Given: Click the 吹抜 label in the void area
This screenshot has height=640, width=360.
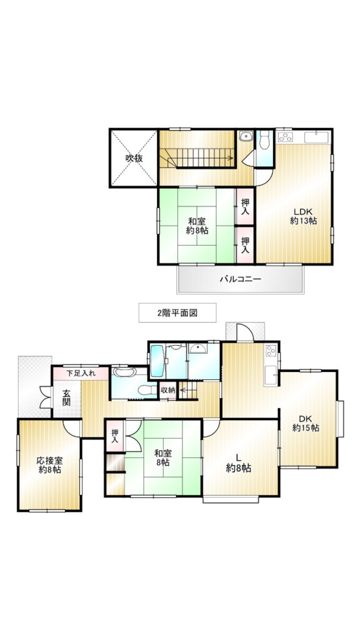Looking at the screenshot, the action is tap(134, 159).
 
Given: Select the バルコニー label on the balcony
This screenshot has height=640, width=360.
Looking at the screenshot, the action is tap(241, 279).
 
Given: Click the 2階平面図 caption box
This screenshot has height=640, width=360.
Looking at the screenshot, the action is tap(177, 312).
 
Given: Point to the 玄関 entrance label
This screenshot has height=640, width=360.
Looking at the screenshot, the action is tap(66, 397).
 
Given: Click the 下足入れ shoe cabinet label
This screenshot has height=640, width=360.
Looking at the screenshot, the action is tap(81, 372).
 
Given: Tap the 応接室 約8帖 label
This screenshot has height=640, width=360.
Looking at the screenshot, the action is tap(50, 465).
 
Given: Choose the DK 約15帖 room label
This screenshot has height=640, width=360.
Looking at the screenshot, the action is tap(306, 423).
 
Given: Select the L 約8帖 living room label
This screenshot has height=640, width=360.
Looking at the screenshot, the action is tap(238, 464).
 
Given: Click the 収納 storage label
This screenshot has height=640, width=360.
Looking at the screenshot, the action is tap(167, 390).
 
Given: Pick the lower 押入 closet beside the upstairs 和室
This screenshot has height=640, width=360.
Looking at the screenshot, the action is tap(245, 245).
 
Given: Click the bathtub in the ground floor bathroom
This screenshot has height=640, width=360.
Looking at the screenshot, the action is tap(157, 361).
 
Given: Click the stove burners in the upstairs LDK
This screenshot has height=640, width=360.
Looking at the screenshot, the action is tap(285, 136).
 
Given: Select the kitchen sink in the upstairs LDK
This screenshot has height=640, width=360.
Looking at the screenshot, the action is tap(317, 137).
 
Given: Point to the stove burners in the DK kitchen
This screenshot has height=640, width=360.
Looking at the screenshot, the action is tap(271, 351).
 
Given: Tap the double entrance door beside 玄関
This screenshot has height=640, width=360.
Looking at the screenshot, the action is tap(45, 397).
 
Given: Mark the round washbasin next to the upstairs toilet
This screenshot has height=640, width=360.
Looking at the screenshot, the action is tap(246, 136).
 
